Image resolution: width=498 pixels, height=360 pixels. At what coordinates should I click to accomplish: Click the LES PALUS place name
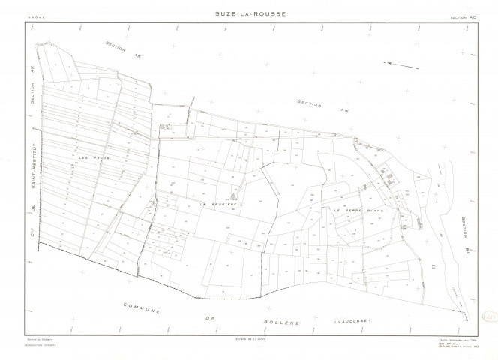click(89, 157)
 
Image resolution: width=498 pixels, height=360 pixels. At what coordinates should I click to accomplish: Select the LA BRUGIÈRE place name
click(218, 202)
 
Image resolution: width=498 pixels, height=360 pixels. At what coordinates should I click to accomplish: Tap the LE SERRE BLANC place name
click(358, 211)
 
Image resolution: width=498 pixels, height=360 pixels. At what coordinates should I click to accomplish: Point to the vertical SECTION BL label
click(465, 235)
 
